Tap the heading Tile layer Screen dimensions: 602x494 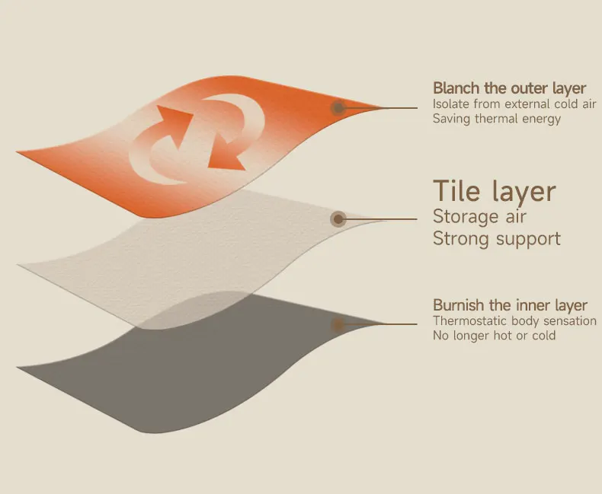[x=495, y=191]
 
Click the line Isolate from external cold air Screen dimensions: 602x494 [x=514, y=104]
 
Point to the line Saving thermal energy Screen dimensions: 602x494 [x=497, y=119]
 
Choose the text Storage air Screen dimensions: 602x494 [x=479, y=216]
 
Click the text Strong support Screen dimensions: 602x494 [x=497, y=238]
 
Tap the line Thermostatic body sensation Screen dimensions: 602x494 [x=515, y=320]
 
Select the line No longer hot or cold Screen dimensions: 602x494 [x=495, y=336]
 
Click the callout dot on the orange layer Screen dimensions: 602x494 [x=338, y=108]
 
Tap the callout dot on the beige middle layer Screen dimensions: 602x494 [x=338, y=219]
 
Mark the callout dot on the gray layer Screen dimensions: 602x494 [x=338, y=325]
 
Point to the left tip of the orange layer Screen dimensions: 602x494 [x=17, y=152]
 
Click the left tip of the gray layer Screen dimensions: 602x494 [x=17, y=368]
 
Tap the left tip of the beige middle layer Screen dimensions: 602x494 [x=18, y=265]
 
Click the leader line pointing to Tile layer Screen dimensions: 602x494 [x=378, y=219]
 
